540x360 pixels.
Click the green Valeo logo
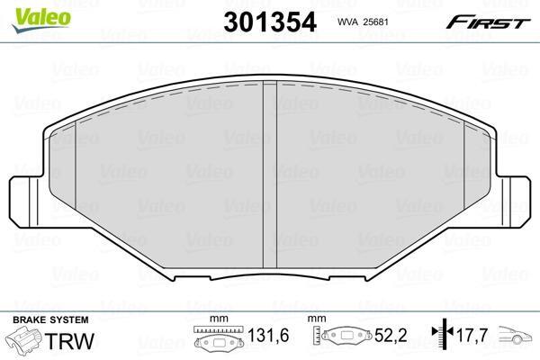(41, 20)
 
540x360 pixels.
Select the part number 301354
(270, 22)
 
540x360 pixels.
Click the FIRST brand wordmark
(488, 22)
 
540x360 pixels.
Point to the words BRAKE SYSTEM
(50, 319)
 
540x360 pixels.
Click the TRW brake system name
(69, 340)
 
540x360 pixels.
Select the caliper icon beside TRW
(23, 339)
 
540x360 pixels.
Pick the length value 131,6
(268, 335)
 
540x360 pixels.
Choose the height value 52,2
(391, 335)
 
